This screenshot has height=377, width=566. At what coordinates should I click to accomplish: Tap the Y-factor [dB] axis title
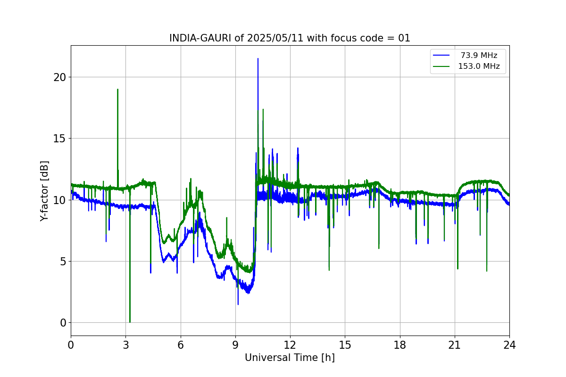(44, 191)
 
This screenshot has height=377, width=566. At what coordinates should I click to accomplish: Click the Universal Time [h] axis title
(290, 358)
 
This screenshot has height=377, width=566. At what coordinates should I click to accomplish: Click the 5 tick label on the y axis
(63, 262)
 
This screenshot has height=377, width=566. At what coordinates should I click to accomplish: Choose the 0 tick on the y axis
(63, 323)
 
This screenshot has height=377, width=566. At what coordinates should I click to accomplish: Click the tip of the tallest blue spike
(258, 59)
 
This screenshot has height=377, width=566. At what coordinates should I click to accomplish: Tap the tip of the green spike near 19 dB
(117, 90)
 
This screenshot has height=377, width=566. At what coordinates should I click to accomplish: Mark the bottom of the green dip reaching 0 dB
(130, 322)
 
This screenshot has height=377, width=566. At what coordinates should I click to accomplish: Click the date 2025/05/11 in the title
(275, 38)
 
